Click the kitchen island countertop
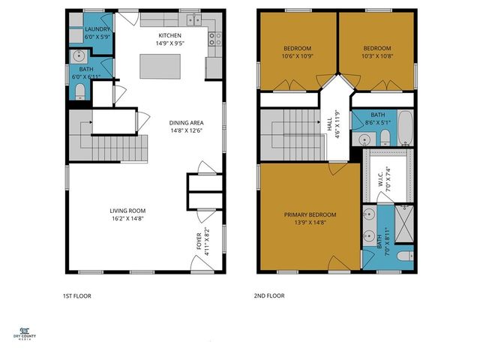pyautogui.click(x=169, y=66)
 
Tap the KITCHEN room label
pyautogui.click(x=170, y=35)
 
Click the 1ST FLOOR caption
pyautogui.click(x=76, y=295)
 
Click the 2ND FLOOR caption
pyautogui.click(x=269, y=295)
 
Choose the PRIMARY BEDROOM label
pyautogui.click(x=310, y=215)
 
